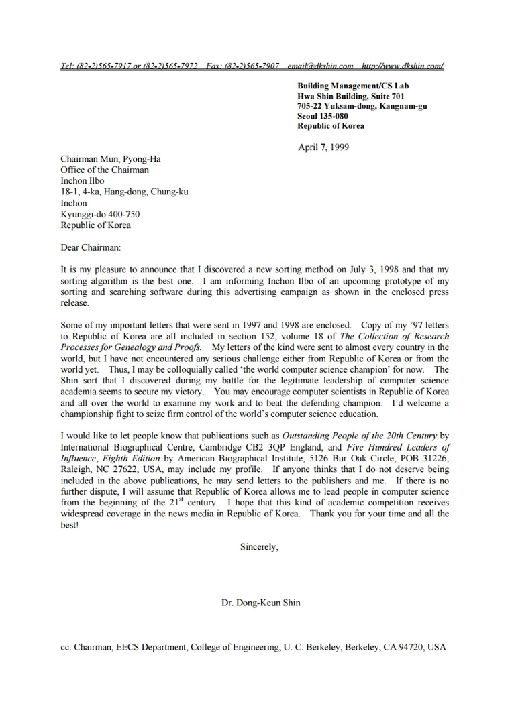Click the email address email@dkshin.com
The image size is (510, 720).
(x=320, y=66)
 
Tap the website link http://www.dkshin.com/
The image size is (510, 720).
(x=402, y=66)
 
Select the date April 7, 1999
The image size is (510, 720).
(x=323, y=147)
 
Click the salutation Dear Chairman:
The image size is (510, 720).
(x=91, y=247)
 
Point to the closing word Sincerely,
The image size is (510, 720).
(x=259, y=546)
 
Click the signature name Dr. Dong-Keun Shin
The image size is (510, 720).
(x=261, y=603)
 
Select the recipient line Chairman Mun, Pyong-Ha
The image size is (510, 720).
(x=111, y=159)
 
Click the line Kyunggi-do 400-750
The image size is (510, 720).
(x=100, y=214)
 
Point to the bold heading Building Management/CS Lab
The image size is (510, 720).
(x=353, y=86)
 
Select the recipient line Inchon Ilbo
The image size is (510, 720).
(x=83, y=181)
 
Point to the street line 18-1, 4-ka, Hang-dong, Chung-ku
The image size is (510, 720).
(x=124, y=192)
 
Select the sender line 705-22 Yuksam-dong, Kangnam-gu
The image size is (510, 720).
(x=362, y=106)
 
